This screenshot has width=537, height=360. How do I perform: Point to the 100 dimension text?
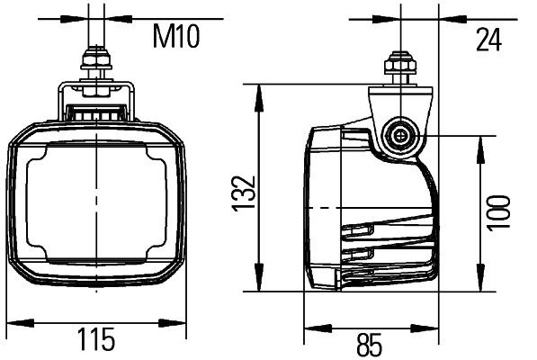coord(497,212)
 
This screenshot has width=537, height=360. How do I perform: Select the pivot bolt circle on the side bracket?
coord(398,138)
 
